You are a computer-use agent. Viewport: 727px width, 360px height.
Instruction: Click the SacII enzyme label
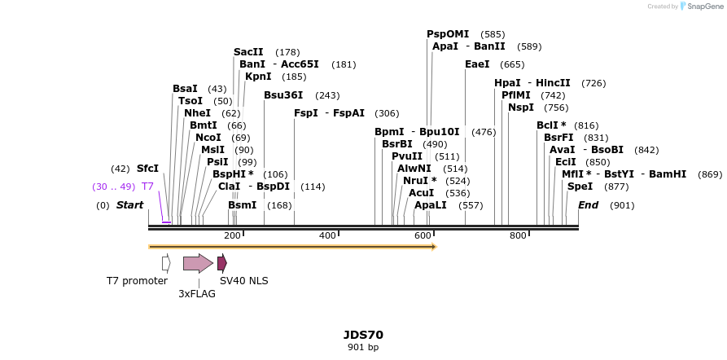(x=247, y=52)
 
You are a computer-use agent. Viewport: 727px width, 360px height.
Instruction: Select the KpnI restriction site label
(x=258, y=77)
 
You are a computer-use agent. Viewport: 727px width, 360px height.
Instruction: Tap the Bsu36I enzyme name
(x=283, y=95)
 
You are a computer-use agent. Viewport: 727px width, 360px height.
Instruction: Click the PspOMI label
(x=448, y=34)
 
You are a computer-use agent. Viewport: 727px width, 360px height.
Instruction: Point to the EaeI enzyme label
(x=477, y=64)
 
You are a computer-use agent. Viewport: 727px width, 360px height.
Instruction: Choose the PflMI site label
(x=515, y=95)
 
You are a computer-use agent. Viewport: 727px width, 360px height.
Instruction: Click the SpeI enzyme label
(x=580, y=187)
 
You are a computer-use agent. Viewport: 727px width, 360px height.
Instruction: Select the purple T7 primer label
(x=147, y=187)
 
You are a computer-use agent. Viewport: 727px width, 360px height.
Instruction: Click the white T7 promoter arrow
(x=166, y=263)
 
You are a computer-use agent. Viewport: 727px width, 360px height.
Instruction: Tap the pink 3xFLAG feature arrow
(x=198, y=263)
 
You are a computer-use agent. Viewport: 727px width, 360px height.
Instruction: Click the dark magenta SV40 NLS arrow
(x=221, y=263)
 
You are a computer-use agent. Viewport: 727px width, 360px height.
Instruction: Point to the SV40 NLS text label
(x=243, y=281)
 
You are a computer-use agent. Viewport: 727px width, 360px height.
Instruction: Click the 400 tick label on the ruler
(x=327, y=235)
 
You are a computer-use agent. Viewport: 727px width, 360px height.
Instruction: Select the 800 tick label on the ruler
(x=518, y=235)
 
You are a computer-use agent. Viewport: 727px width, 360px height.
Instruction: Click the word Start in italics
(x=129, y=205)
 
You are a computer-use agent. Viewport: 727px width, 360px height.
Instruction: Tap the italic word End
(x=588, y=205)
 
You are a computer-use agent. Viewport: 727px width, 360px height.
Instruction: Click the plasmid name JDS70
(x=363, y=335)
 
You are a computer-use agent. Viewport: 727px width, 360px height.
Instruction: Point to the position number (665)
(x=512, y=64)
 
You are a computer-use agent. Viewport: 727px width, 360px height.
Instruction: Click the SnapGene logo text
(x=704, y=6)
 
